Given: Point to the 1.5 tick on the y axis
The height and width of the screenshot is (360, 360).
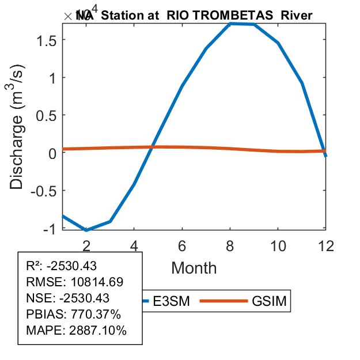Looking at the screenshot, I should pyautogui.click(x=48, y=40).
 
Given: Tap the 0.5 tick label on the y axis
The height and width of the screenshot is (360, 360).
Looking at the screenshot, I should pyautogui.click(x=48, y=115).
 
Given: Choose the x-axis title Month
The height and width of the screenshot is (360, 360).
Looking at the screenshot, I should pyautogui.click(x=194, y=267).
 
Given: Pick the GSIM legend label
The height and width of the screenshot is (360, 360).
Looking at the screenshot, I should pyautogui.click(x=269, y=301).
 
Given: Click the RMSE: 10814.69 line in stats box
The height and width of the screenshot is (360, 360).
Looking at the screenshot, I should pyautogui.click(x=75, y=282).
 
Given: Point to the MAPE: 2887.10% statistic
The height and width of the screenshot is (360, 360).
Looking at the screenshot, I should pyautogui.click(x=76, y=330).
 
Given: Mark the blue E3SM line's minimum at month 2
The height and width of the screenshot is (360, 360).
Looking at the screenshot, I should pyautogui.click(x=86, y=230).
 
